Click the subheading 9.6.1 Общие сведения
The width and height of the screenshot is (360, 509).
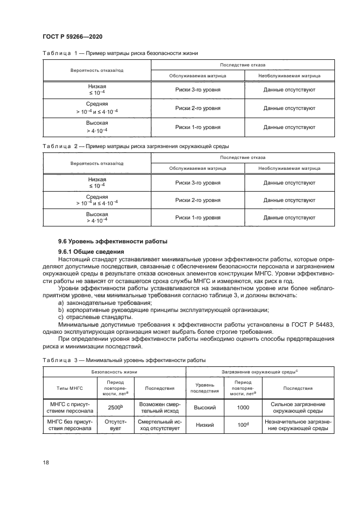[87, 251]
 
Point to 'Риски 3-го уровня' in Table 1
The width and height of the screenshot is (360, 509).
[198, 89]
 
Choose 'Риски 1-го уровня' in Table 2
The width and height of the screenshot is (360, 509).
[198, 217]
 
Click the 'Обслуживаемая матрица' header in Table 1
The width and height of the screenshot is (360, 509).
[198, 76]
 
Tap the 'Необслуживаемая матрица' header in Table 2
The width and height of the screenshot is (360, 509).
[289, 168]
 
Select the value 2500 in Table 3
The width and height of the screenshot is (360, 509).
[114, 407]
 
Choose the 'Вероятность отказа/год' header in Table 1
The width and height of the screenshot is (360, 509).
[97, 71]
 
